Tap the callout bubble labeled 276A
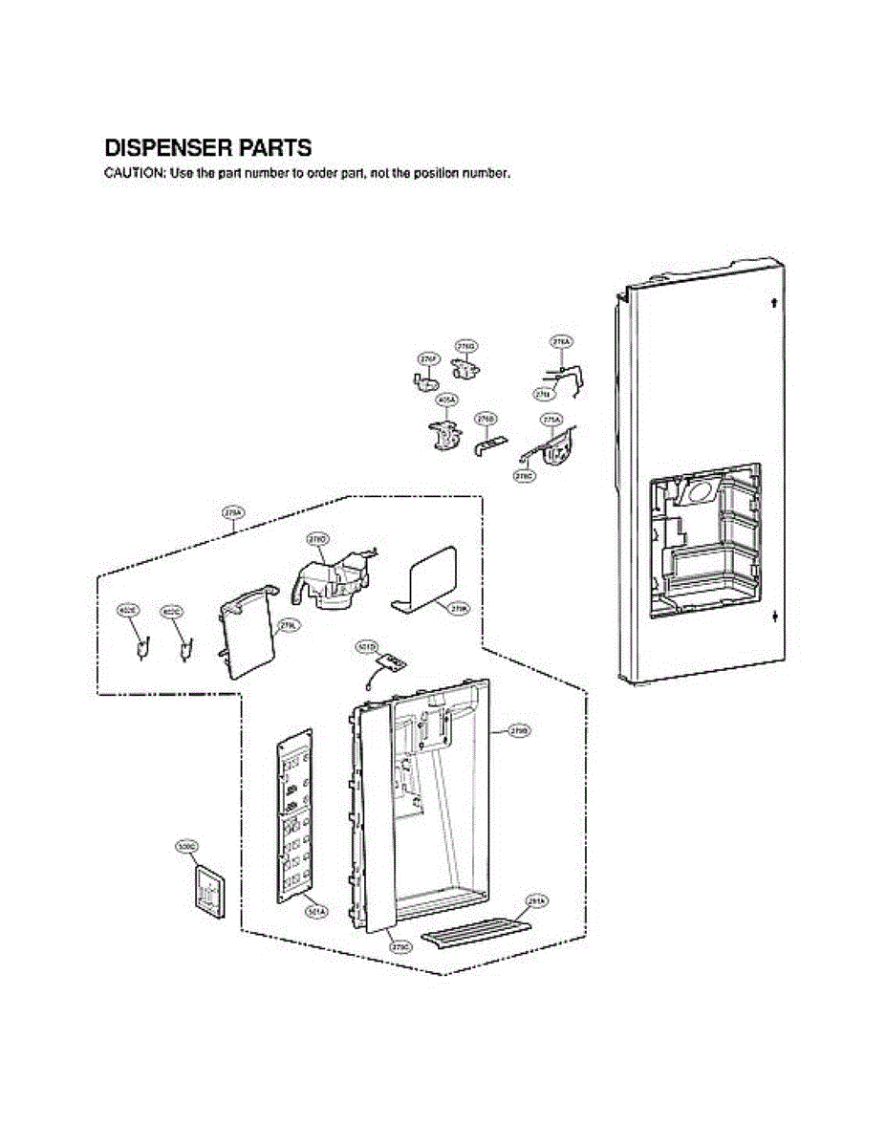point(561,341)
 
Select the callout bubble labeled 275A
point(551,420)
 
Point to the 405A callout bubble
point(446,399)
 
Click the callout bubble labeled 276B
point(486,419)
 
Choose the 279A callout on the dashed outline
point(233,513)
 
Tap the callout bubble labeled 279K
point(459,606)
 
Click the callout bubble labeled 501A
point(316,912)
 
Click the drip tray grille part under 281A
point(475,929)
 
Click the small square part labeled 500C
point(207,892)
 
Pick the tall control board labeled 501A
point(295,817)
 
